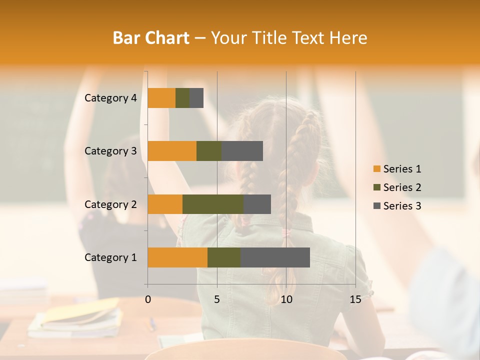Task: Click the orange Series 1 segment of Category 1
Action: tap(177, 257)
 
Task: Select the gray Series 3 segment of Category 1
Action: tap(275, 257)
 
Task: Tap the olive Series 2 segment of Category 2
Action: tap(213, 204)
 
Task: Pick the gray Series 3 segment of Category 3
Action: tap(242, 151)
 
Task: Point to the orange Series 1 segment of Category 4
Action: tap(161, 98)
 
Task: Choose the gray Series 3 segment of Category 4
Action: tap(196, 98)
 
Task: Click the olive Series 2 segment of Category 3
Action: tap(209, 151)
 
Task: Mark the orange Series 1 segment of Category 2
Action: tap(165, 204)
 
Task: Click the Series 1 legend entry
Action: tap(397, 169)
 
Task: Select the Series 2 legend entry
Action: tap(397, 187)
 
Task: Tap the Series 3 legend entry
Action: tap(397, 206)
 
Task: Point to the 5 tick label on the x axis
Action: tap(217, 299)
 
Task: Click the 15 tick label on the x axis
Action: tap(355, 299)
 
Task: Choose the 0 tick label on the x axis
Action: tap(148, 299)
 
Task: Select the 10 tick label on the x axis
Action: tap(286, 299)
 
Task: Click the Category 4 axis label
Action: tap(110, 98)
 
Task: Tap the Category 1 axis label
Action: tap(110, 257)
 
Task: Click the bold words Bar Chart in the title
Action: tap(151, 37)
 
